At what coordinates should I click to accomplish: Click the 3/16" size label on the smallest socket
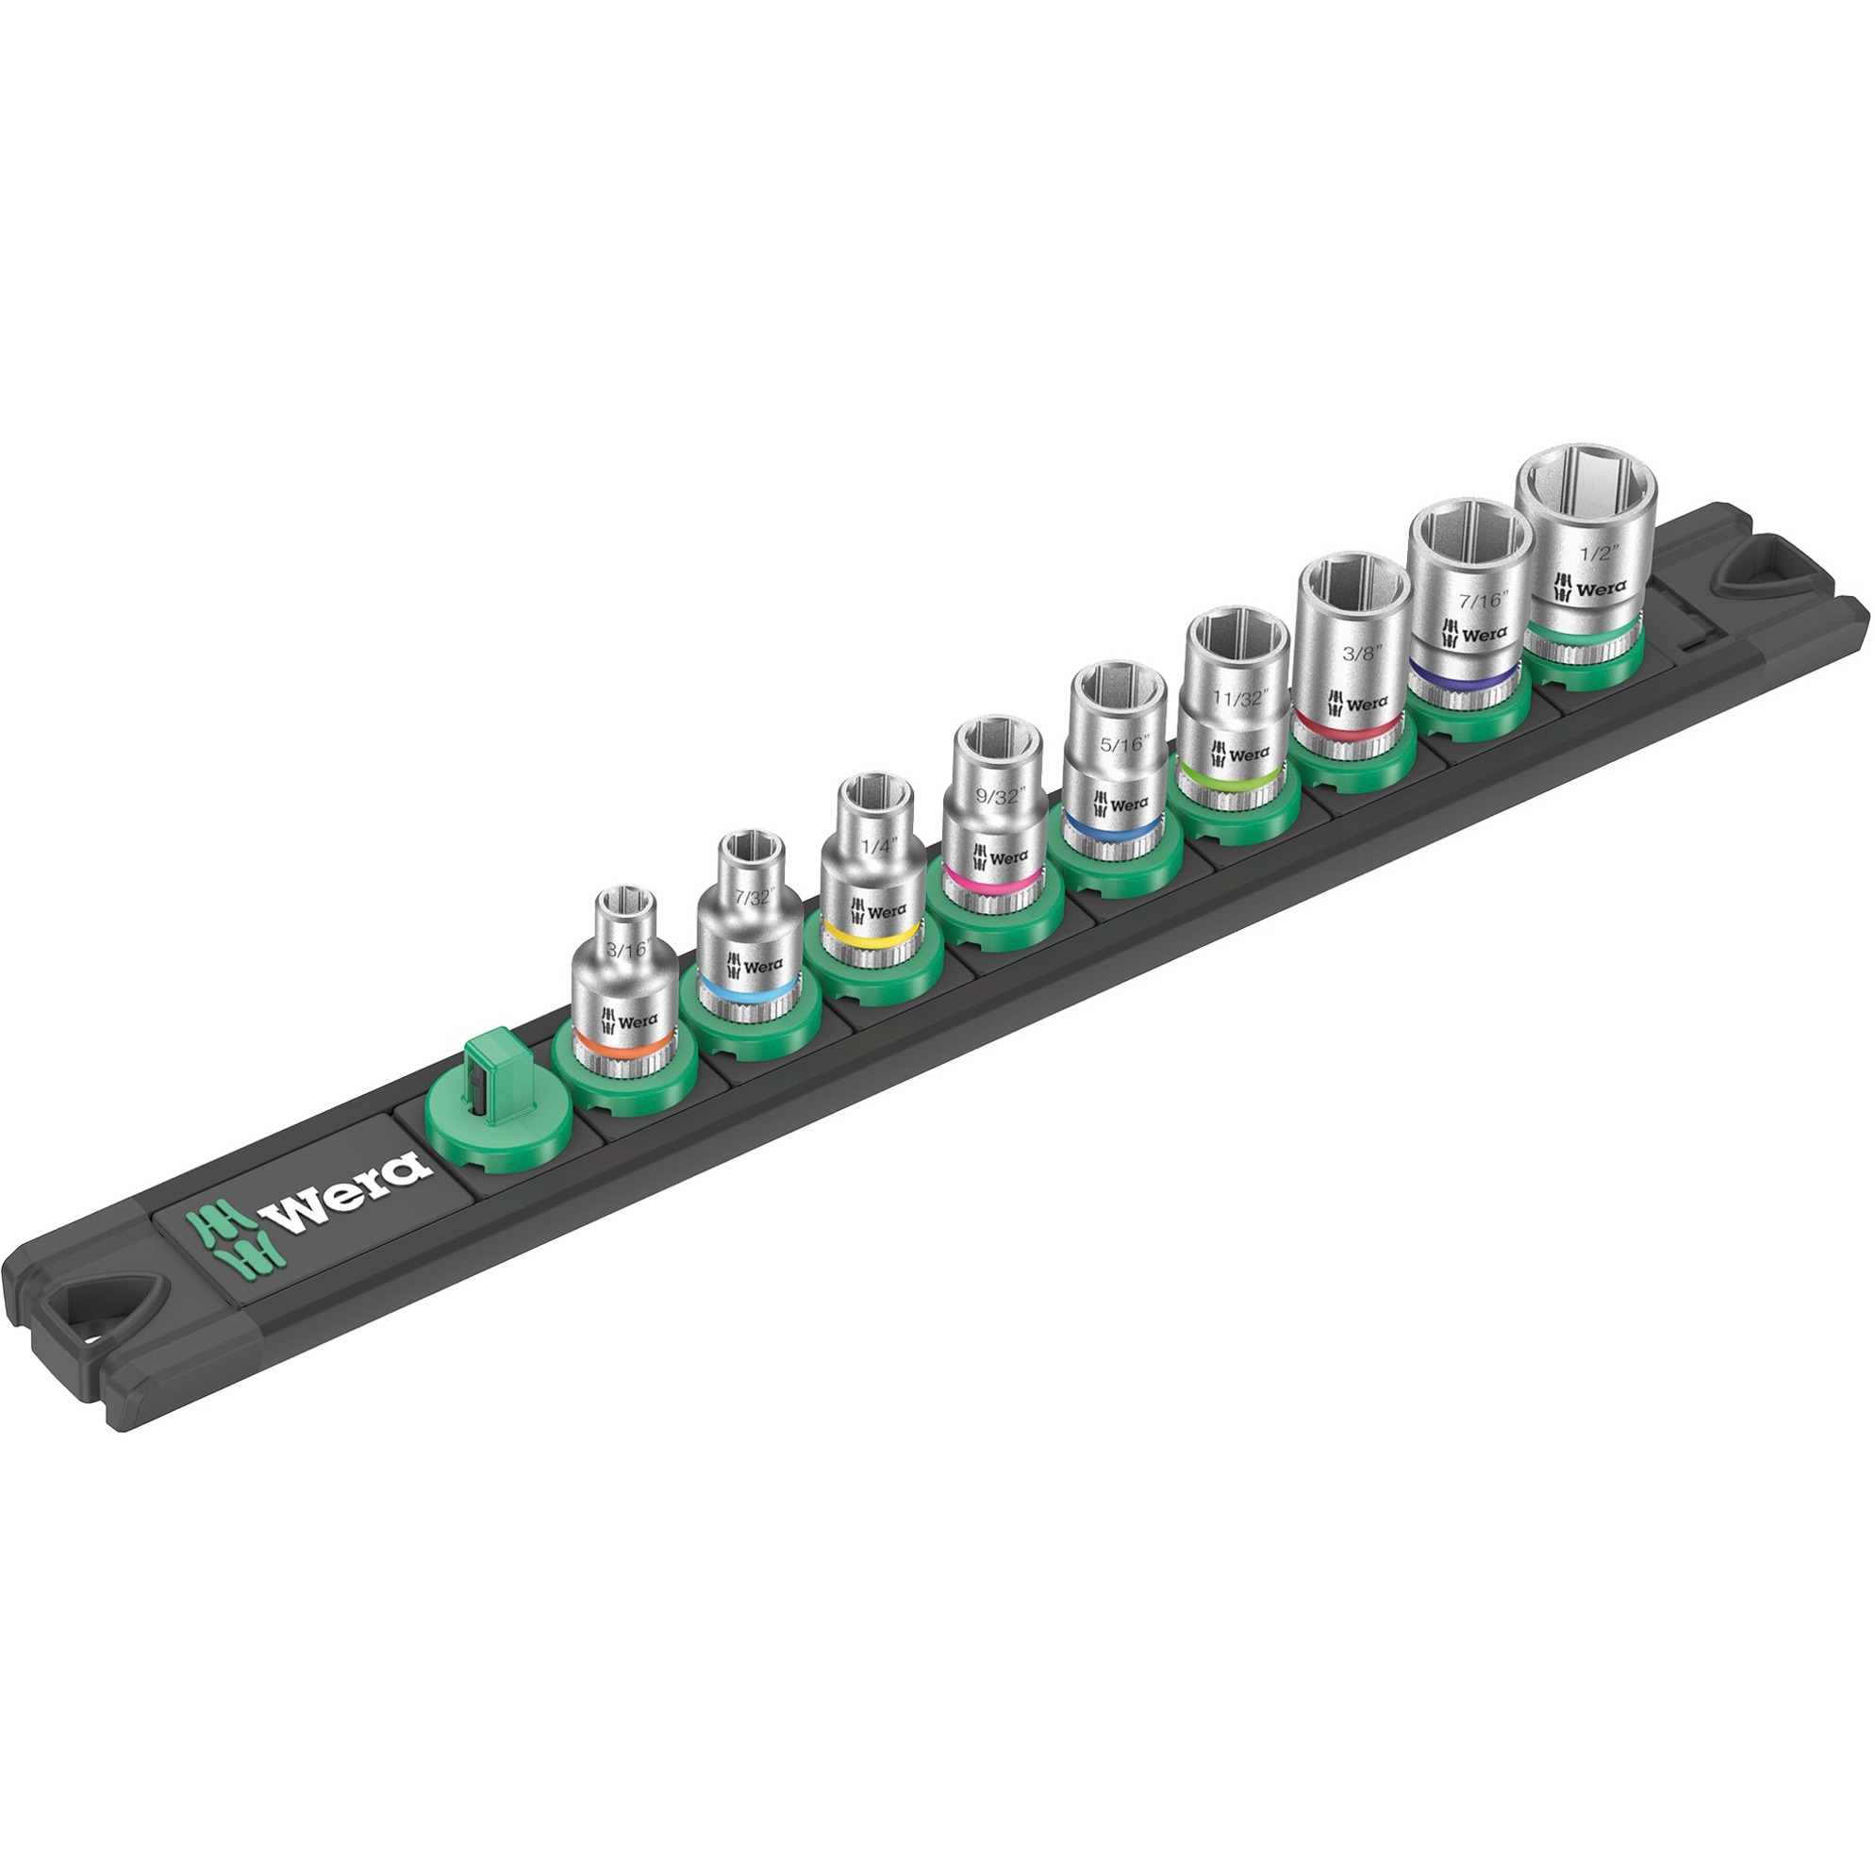coord(623,949)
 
